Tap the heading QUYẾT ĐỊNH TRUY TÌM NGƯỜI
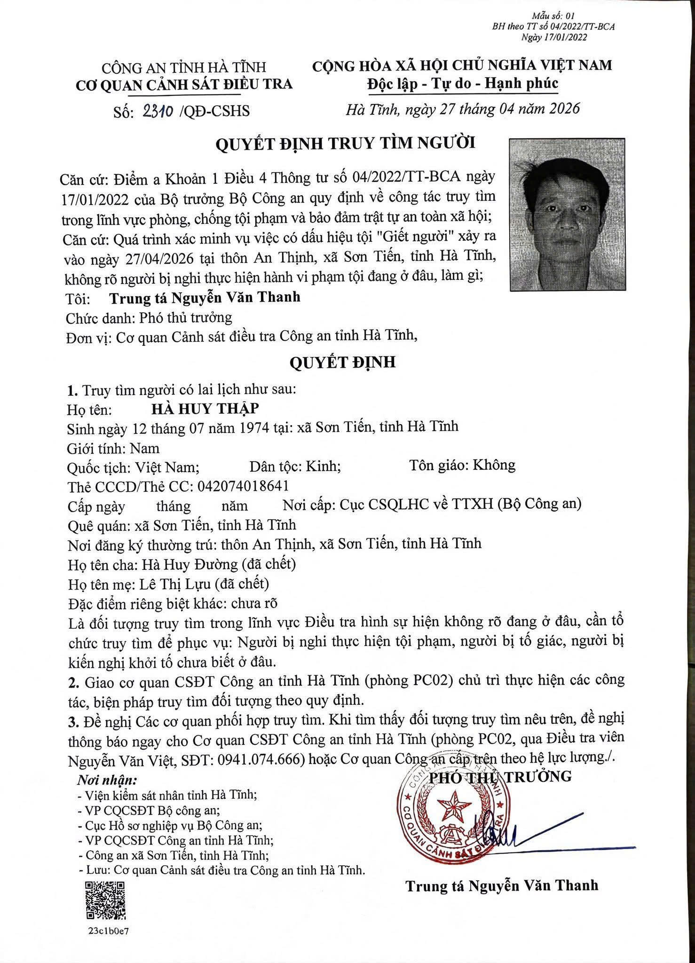[x=345, y=143]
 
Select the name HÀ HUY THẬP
[x=205, y=408]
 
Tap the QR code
[x=105, y=901]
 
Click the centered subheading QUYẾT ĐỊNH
[x=342, y=362]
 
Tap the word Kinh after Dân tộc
[x=323, y=466]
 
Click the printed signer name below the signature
[x=502, y=885]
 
